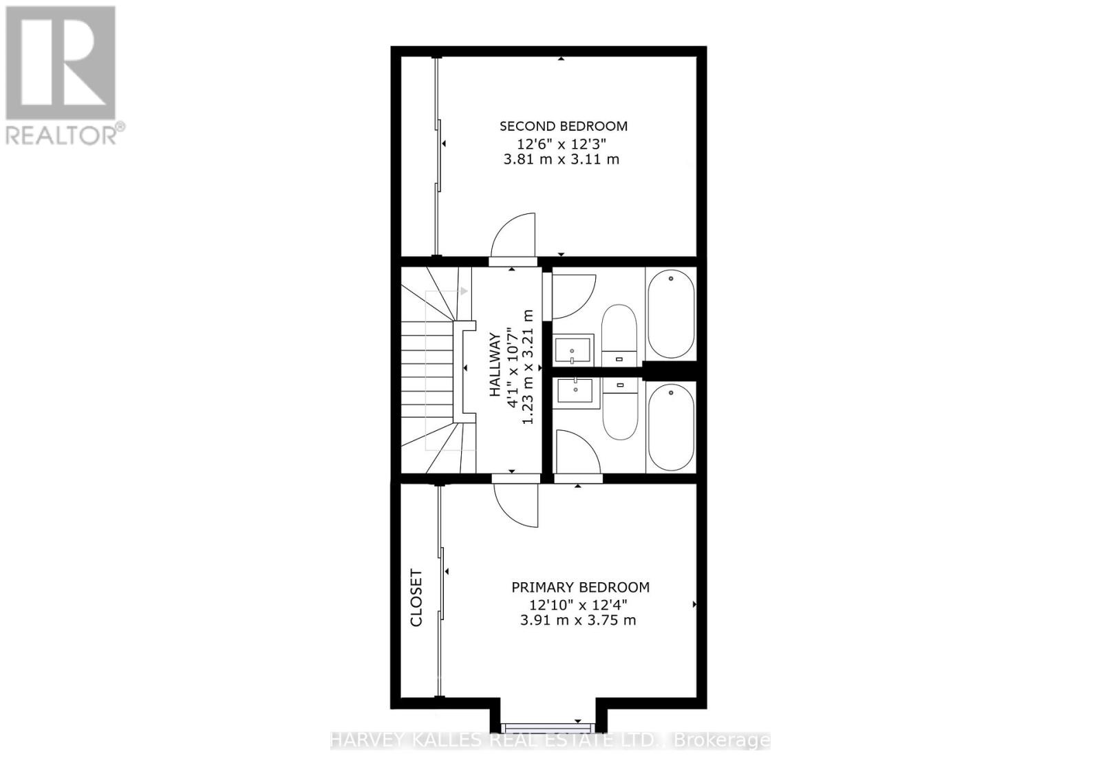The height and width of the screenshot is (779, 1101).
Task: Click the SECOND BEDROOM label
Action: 563,126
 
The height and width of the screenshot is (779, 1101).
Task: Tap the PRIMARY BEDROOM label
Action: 580,587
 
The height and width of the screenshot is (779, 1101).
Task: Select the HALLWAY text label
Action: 494,365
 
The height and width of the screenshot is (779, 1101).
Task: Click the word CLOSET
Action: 416,597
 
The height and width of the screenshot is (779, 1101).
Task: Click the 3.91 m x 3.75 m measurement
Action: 578,620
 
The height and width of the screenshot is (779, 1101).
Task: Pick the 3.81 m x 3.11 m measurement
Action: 562,159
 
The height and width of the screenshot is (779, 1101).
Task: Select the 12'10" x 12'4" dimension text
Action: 578,604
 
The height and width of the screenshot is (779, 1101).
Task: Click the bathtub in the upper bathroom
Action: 671,314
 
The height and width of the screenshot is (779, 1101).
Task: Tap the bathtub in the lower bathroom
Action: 671,427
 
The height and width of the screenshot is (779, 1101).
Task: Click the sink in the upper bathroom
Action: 573,350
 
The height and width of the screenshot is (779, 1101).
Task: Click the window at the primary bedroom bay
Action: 547,727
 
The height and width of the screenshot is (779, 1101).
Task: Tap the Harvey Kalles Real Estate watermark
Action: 550,740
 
